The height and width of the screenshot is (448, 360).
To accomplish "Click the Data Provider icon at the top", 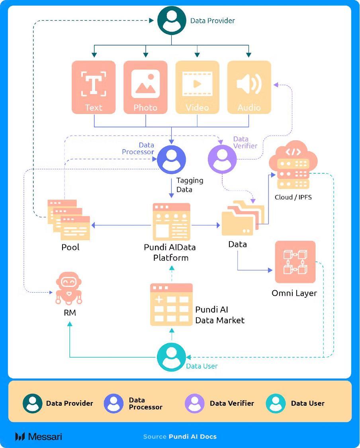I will click(172, 21).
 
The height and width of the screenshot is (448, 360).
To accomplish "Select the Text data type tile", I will click(94, 87).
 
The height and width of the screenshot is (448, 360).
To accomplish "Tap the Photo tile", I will click(145, 87).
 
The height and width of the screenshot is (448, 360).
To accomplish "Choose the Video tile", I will click(197, 87).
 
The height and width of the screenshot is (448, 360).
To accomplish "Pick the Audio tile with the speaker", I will click(249, 87).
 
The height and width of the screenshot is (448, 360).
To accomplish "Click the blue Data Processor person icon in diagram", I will click(171, 160).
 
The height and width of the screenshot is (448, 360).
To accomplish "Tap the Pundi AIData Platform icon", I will click(172, 222).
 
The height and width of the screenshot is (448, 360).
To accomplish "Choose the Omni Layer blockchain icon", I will click(295, 262).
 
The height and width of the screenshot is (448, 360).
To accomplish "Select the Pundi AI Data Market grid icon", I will click(171, 305).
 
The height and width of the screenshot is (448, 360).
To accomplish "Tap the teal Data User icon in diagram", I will click(171, 357).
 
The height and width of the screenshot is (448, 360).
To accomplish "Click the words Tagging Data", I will click(190, 185).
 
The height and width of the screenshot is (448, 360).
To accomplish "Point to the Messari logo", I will click(39, 436).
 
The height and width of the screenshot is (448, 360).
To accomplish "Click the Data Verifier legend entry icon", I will click(195, 403).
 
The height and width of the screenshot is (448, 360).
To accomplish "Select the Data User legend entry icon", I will click(276, 403).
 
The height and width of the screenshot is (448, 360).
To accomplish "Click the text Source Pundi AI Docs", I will click(180, 436).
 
